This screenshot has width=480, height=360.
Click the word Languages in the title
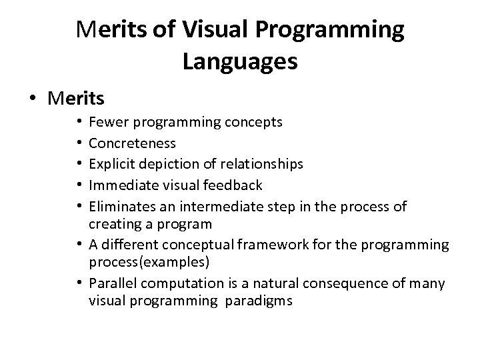click(239, 62)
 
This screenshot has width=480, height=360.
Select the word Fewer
click(104, 123)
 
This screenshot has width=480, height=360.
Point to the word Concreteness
click(132, 143)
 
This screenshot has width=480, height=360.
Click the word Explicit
click(109, 163)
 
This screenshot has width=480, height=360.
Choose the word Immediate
click(119, 184)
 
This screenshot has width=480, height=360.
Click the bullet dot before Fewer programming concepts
click(79, 123)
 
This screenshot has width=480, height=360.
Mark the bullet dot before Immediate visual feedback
click(79, 184)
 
